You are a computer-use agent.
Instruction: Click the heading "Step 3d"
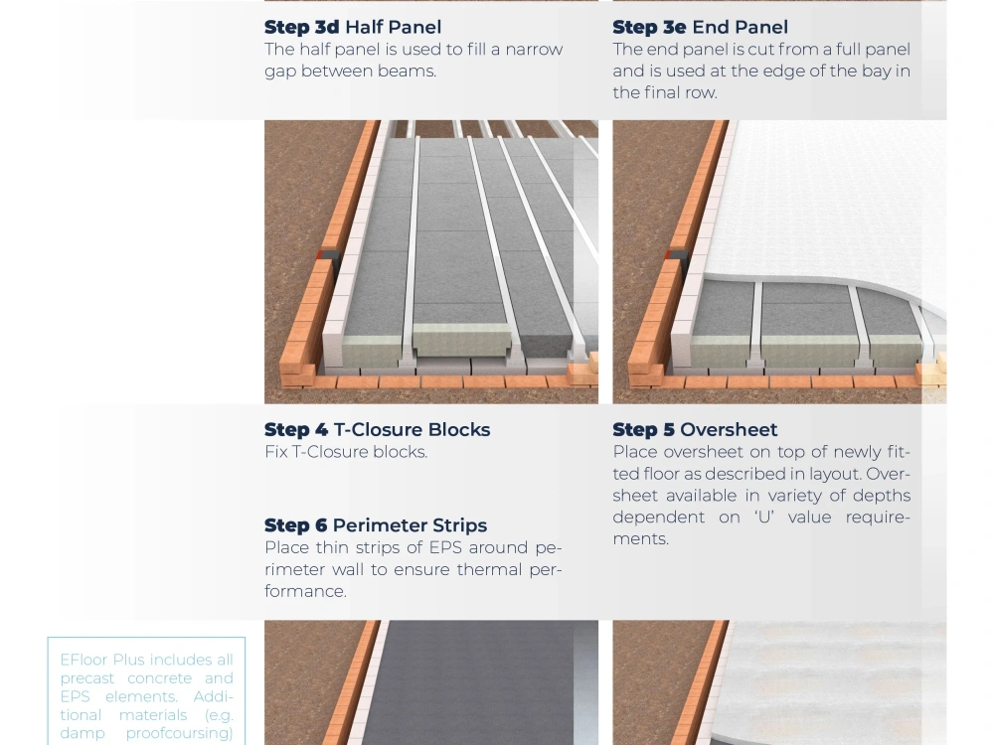302,27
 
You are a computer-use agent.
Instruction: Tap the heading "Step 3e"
649,27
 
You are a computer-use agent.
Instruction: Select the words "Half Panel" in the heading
393,27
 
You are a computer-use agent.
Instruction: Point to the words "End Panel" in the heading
740,27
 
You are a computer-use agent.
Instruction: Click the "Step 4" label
296,429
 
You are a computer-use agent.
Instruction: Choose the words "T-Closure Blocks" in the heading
413,429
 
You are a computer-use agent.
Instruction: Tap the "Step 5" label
643,429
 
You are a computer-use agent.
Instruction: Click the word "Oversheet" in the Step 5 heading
729,429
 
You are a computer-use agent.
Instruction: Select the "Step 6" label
296,525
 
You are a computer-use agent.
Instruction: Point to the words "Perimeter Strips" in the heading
411,525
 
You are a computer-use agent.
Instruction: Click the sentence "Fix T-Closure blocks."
346,452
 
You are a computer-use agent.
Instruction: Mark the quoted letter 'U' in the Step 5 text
764,517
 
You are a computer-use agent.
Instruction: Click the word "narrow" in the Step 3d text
534,50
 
